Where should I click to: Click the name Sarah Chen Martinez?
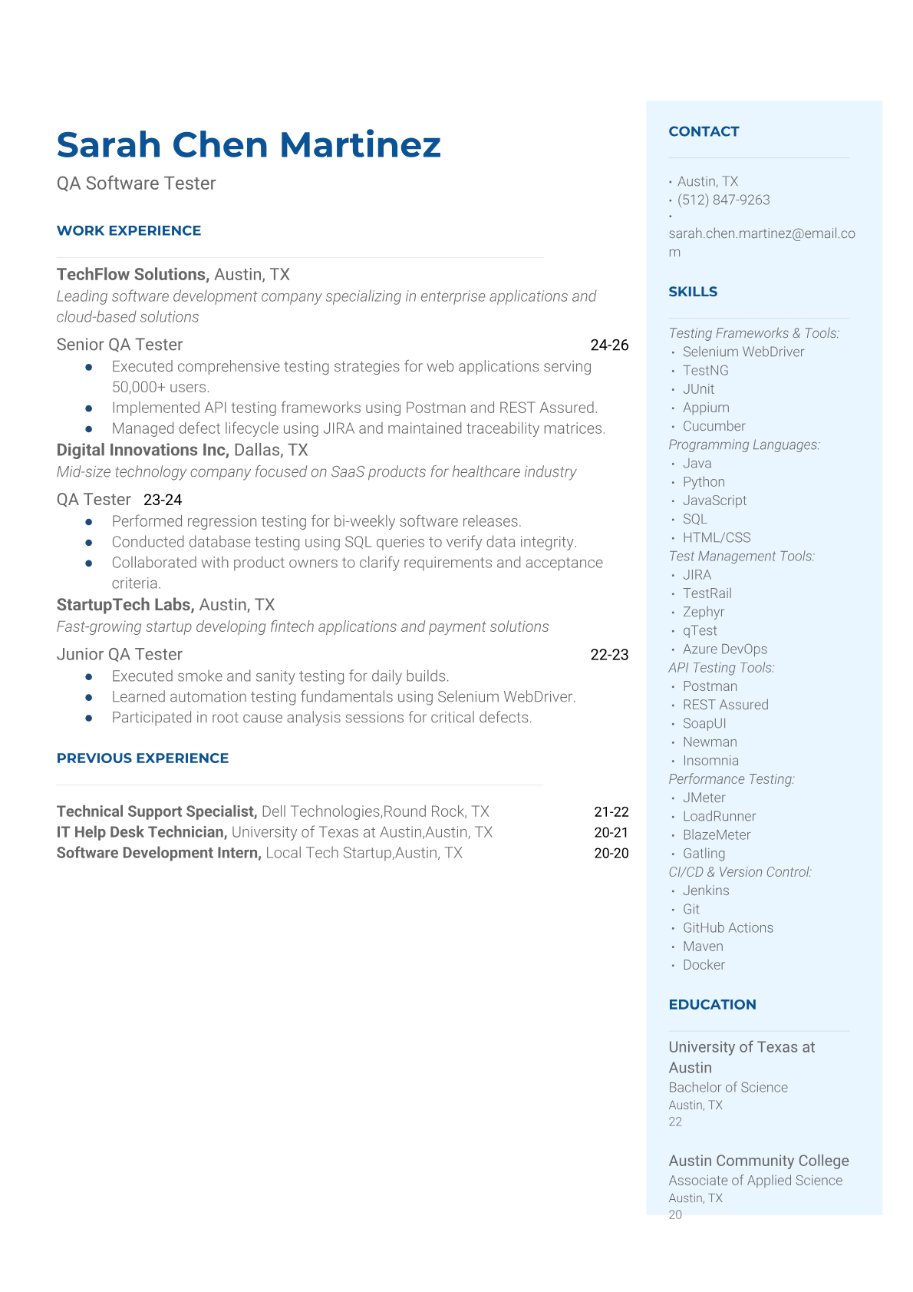click(249, 144)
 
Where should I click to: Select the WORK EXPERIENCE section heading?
click(129, 230)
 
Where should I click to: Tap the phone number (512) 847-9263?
click(723, 200)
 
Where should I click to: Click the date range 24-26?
click(609, 345)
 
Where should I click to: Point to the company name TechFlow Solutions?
click(132, 274)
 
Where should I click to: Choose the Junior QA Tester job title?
click(120, 654)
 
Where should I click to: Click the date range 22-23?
click(609, 655)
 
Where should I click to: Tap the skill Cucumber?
click(714, 426)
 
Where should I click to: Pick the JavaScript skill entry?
click(714, 501)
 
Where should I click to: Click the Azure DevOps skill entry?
click(724, 649)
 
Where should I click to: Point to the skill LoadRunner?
click(719, 816)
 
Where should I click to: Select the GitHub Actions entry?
click(727, 927)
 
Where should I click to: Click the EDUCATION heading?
click(712, 1004)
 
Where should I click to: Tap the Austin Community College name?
click(758, 1161)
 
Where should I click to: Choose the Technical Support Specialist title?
click(157, 811)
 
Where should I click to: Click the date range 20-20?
click(611, 853)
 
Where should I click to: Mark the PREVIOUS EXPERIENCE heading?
click(143, 758)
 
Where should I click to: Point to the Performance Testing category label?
click(731, 779)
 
